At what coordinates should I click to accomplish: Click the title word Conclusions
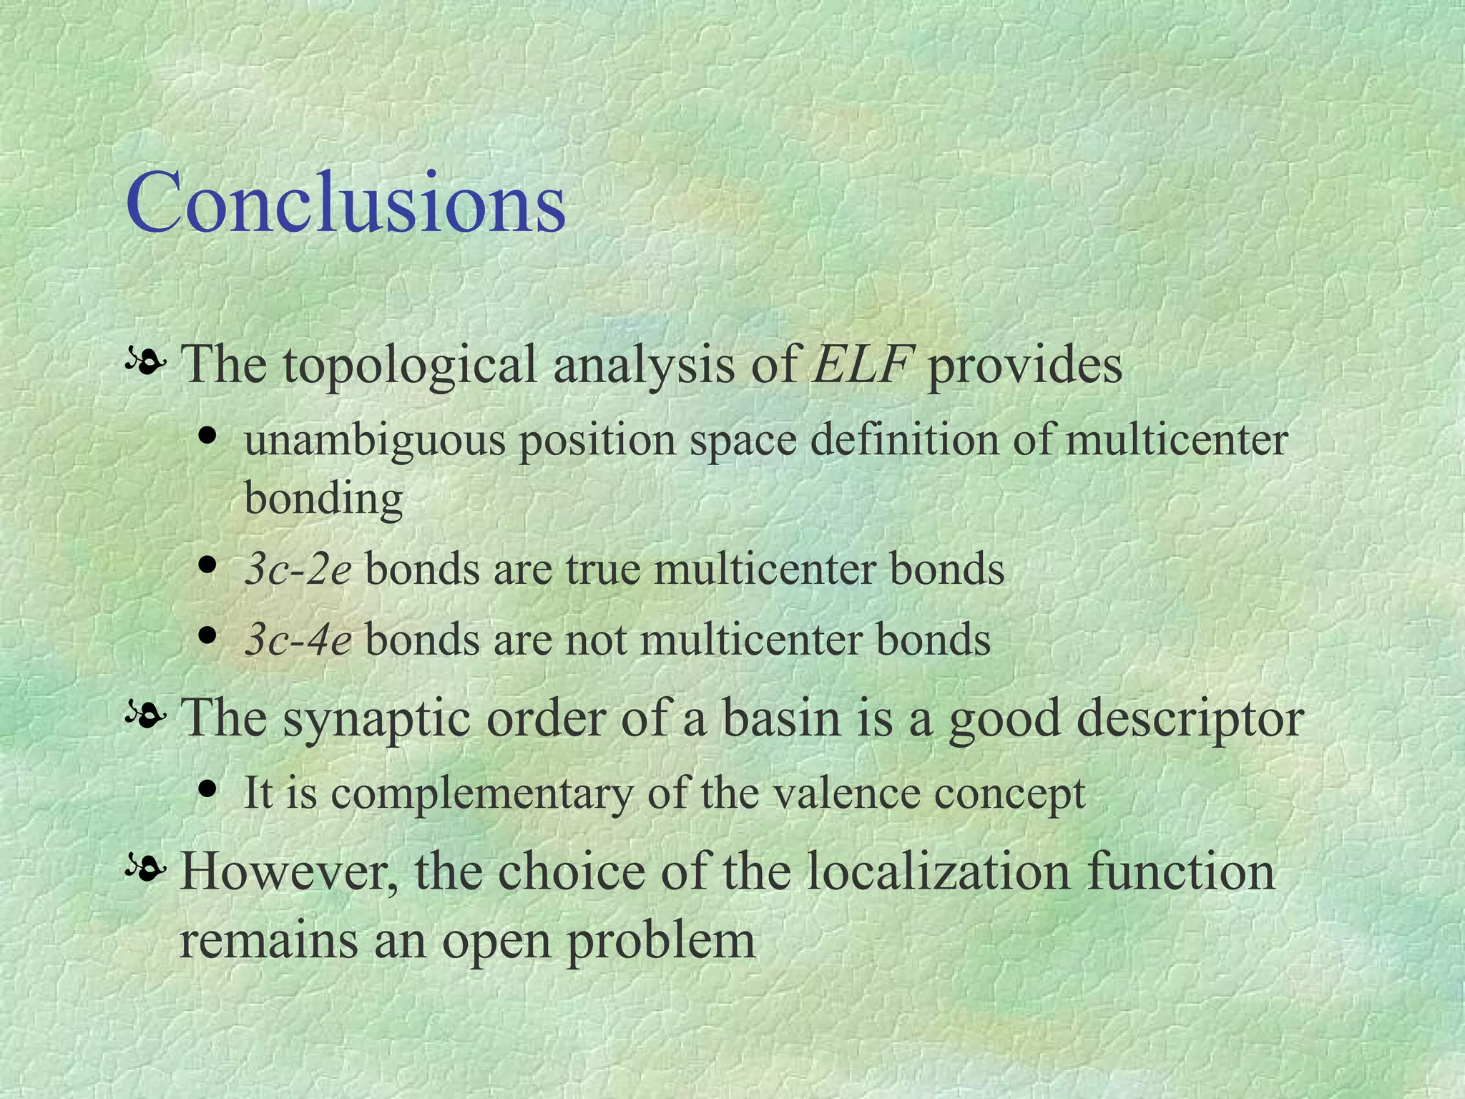346,204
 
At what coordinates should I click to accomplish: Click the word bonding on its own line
323,499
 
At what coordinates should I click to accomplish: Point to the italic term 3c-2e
298,570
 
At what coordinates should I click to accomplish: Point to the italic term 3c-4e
298,640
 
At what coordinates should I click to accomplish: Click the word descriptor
1190,719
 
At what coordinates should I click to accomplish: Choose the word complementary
481,794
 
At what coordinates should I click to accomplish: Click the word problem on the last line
662,942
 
